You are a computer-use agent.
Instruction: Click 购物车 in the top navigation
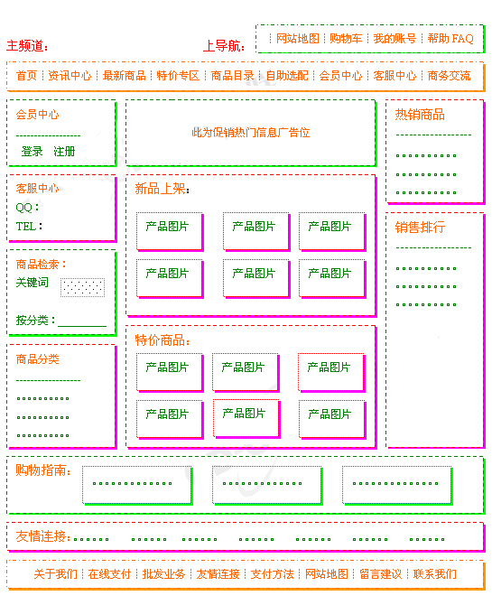coord(346,39)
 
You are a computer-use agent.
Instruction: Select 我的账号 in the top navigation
coord(395,39)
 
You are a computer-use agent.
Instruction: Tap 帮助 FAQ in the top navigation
coord(450,39)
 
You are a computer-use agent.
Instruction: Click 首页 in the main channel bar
coord(26,76)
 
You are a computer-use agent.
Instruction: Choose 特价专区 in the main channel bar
coord(178,76)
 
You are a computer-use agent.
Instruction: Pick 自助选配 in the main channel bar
coord(287,76)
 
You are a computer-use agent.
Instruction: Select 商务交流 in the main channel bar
coord(450,76)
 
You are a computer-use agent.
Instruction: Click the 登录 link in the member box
coord(32,152)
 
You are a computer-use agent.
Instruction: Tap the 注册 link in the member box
coord(64,152)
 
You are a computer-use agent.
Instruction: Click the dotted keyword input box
coord(82,287)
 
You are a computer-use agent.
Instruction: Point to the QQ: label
coord(27,208)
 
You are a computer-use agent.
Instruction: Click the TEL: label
coord(29,226)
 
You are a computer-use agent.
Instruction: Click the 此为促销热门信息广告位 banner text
coord(251,133)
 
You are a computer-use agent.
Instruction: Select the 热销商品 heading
coord(420,115)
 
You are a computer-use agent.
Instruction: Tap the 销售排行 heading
coord(420,228)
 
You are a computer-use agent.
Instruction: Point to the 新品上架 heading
coord(162,189)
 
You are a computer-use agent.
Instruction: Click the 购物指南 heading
coord(43,470)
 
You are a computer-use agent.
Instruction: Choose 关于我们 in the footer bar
coord(56,574)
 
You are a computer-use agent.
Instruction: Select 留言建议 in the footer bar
coord(381,574)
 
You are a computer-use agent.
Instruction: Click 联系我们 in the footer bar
coord(435,574)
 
